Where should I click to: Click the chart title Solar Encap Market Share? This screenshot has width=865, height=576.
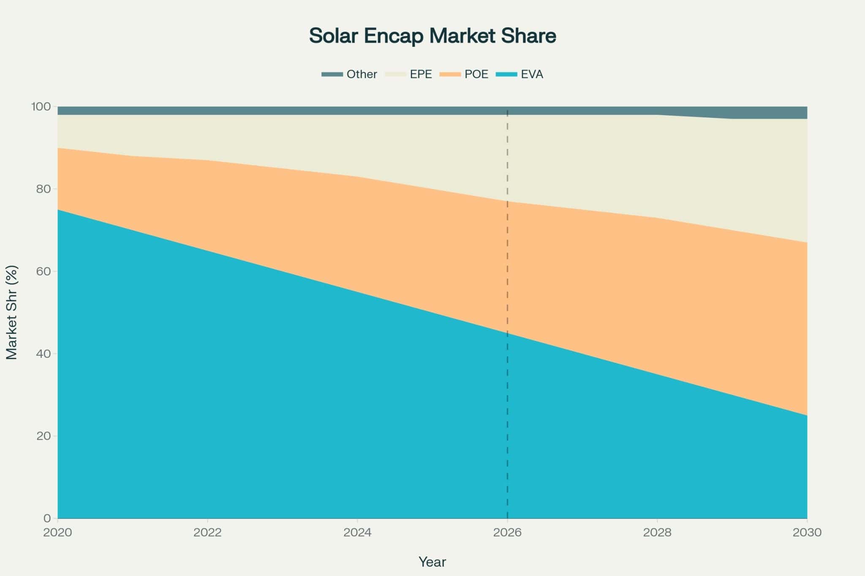click(432, 36)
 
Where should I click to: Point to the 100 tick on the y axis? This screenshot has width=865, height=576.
click(41, 107)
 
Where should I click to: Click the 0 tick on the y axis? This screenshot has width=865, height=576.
click(47, 518)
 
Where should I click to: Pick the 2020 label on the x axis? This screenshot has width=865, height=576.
click(58, 533)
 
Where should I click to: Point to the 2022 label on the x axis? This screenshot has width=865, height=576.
click(207, 533)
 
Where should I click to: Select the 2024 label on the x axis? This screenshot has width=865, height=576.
click(357, 533)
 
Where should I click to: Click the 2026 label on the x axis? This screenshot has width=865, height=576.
click(507, 533)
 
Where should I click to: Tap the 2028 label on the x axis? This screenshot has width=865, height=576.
click(657, 533)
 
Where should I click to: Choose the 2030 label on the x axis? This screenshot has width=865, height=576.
click(807, 533)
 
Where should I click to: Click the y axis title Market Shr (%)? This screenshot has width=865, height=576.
click(12, 312)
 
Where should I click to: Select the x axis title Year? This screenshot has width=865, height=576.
click(432, 562)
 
